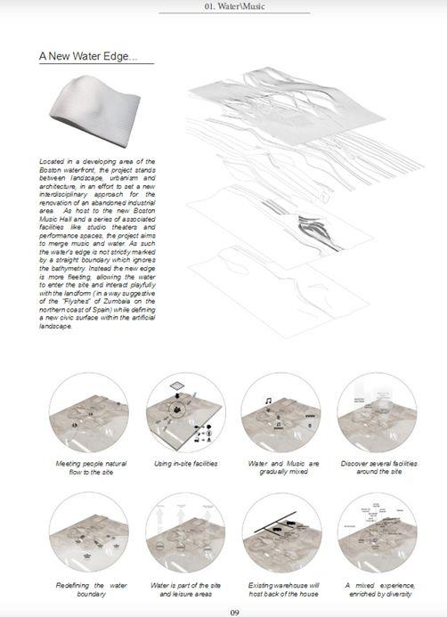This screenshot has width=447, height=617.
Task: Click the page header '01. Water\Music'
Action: (x=234, y=8)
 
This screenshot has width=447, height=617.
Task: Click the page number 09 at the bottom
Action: (x=234, y=612)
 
